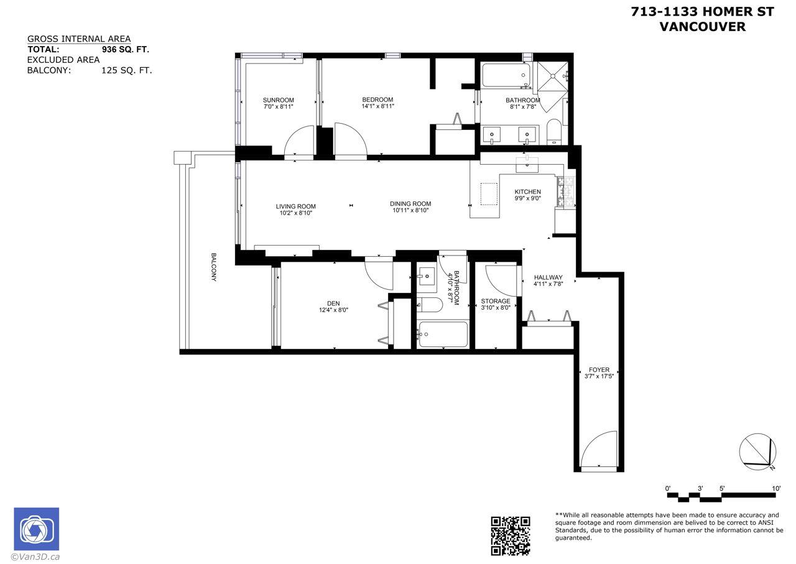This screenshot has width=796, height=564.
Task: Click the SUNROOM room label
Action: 278,100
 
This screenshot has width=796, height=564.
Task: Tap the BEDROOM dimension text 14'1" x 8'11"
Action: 377,106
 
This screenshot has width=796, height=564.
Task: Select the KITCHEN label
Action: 528,192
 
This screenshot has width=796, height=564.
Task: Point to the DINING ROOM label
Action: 410,204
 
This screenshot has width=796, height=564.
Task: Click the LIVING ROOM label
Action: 295,206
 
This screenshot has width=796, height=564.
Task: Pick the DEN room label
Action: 333,303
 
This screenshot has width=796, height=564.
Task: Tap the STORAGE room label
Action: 496,302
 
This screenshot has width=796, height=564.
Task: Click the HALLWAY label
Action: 548,277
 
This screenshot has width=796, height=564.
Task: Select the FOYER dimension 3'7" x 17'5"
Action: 599,376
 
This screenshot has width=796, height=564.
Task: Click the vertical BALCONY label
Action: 213,267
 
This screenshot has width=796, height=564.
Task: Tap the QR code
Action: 511,536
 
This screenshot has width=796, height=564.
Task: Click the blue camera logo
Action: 37,529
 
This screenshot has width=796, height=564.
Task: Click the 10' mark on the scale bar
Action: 776,489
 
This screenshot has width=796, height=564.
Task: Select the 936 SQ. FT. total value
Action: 126,49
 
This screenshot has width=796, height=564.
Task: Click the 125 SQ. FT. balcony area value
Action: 126,70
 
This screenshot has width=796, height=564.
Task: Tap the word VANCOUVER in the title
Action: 703,27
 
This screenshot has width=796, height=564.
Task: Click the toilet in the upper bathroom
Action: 553,132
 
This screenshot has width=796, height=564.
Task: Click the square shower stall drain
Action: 553,76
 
